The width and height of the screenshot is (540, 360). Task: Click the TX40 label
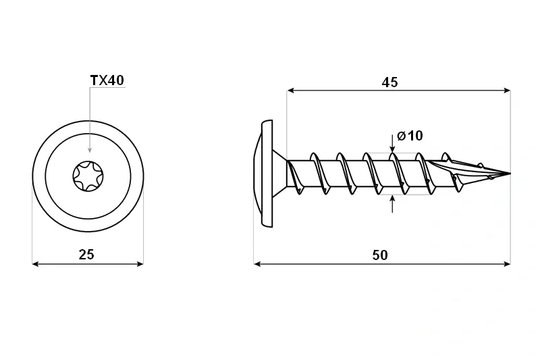click(107, 80)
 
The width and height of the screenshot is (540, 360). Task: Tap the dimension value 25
click(86, 255)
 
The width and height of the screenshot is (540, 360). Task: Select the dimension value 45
click(390, 82)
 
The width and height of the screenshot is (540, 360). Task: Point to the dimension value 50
click(380, 255)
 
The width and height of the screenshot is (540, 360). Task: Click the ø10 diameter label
click(410, 135)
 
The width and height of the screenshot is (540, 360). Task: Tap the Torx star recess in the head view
click(88, 176)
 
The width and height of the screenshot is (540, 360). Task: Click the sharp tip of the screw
click(510, 174)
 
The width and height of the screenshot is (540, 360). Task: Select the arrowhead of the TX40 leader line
click(90, 149)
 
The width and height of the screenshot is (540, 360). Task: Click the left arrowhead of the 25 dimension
click(35, 264)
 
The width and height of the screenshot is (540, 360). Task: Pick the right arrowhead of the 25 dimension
click(140, 264)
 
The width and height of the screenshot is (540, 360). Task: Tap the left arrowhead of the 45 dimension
click(290, 91)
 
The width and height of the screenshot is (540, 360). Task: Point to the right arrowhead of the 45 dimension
click(507, 91)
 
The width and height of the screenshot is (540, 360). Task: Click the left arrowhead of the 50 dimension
click(257, 264)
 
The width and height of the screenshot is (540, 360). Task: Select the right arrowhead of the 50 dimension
click(507, 264)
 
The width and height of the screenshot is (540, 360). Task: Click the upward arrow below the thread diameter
click(392, 203)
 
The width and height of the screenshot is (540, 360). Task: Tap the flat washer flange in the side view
click(267, 174)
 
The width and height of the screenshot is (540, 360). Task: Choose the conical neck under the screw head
click(279, 174)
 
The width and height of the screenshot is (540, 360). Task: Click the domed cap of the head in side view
click(258, 174)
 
